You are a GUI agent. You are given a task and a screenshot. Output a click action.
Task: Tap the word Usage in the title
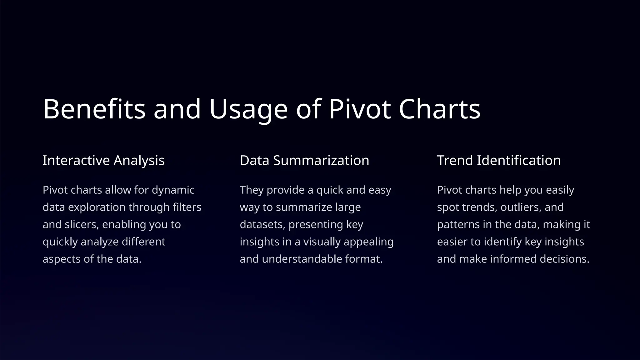point(248,109)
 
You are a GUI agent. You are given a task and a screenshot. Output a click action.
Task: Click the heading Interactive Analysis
point(103,160)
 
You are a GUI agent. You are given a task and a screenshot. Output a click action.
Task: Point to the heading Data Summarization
point(304,160)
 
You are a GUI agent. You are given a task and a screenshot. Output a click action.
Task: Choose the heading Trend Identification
point(499,160)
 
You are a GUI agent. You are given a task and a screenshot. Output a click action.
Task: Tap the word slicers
point(81,224)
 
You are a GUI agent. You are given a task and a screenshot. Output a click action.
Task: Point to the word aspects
point(62,259)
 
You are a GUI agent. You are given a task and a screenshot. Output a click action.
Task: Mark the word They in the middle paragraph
point(252,190)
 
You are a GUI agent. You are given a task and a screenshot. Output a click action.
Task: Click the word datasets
point(262,224)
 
